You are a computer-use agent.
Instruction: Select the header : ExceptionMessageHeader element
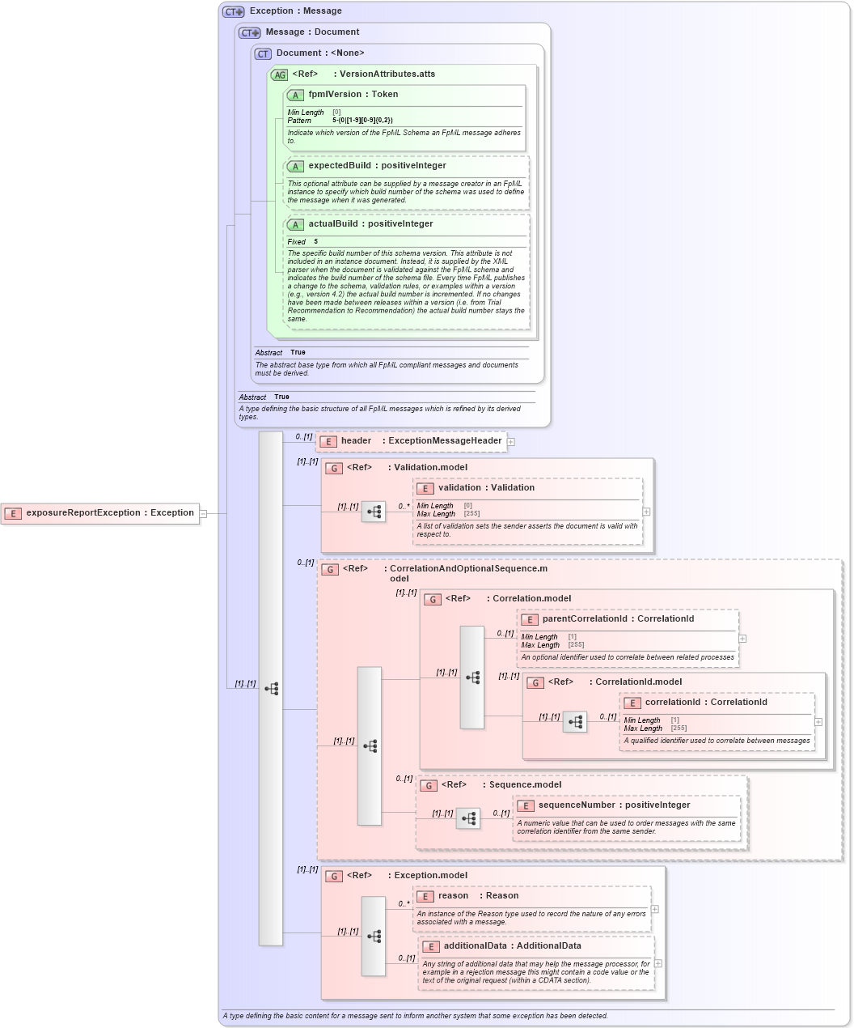click(x=421, y=441)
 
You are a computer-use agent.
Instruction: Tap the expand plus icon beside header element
click(x=511, y=442)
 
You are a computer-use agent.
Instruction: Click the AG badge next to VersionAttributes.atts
click(x=279, y=74)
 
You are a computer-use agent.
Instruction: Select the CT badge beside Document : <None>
click(x=263, y=53)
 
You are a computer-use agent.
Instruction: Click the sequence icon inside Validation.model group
click(x=374, y=512)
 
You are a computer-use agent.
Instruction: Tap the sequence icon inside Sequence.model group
click(x=468, y=818)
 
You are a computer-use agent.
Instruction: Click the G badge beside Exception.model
click(x=334, y=876)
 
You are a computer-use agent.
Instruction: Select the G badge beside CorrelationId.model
click(x=535, y=682)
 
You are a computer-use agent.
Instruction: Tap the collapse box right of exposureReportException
click(x=203, y=513)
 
